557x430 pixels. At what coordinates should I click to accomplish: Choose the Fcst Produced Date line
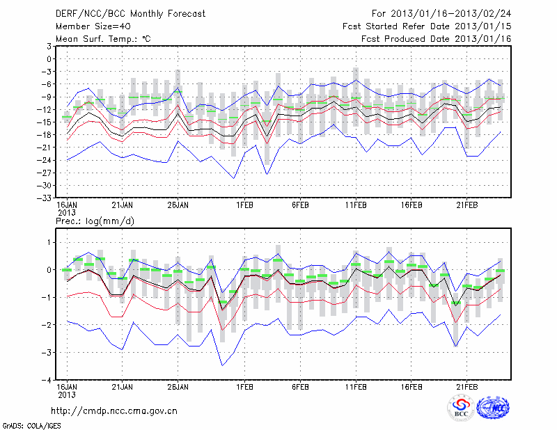436,39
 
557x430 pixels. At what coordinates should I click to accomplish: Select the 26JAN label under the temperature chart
178,206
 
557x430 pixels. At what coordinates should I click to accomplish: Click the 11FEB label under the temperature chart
356,206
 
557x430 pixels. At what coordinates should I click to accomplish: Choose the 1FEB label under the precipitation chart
244,387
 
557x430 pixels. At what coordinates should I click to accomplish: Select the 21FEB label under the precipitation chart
467,387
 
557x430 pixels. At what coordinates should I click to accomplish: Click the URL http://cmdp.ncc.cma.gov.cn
114,411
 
